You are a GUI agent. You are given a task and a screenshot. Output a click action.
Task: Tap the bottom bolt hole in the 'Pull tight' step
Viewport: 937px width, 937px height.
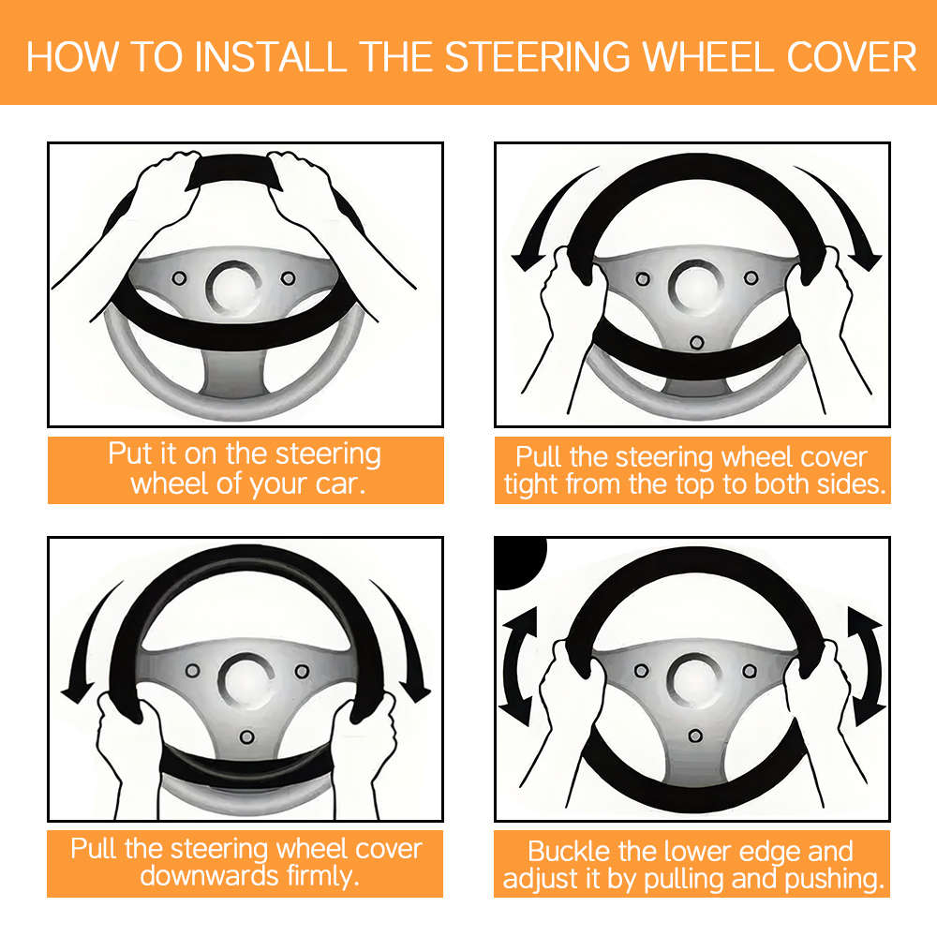[695, 342]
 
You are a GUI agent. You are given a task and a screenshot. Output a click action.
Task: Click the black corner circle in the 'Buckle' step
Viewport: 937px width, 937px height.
[517, 560]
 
